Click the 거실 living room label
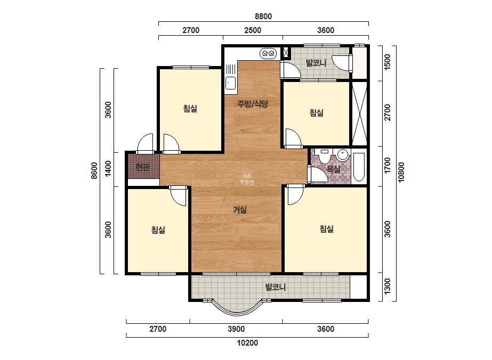pyautogui.click(x=240, y=210)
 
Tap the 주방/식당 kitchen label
pyautogui.click(x=253, y=104)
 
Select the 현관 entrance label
pyautogui.click(x=142, y=167)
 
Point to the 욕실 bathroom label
pyautogui.click(x=334, y=169)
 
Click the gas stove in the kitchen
pyautogui.click(x=268, y=54)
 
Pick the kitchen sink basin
pyautogui.click(x=231, y=83)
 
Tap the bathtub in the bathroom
pyautogui.click(x=359, y=167)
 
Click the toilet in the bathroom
pyautogui.click(x=324, y=156)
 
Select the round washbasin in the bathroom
pyautogui.click(x=343, y=155)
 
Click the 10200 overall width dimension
pyautogui.click(x=247, y=343)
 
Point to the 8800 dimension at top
pyautogui.click(x=263, y=17)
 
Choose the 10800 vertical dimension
pyautogui.click(x=401, y=172)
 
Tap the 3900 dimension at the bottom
pyautogui.click(x=236, y=329)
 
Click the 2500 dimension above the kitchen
pyautogui.click(x=253, y=30)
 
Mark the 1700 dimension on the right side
pyautogui.click(x=388, y=165)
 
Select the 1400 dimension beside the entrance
pyautogui.click(x=108, y=168)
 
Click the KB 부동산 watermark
pyautogui.click(x=247, y=179)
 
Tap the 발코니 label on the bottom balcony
pyautogui.click(x=276, y=287)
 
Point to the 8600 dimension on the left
pyautogui.click(x=94, y=170)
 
